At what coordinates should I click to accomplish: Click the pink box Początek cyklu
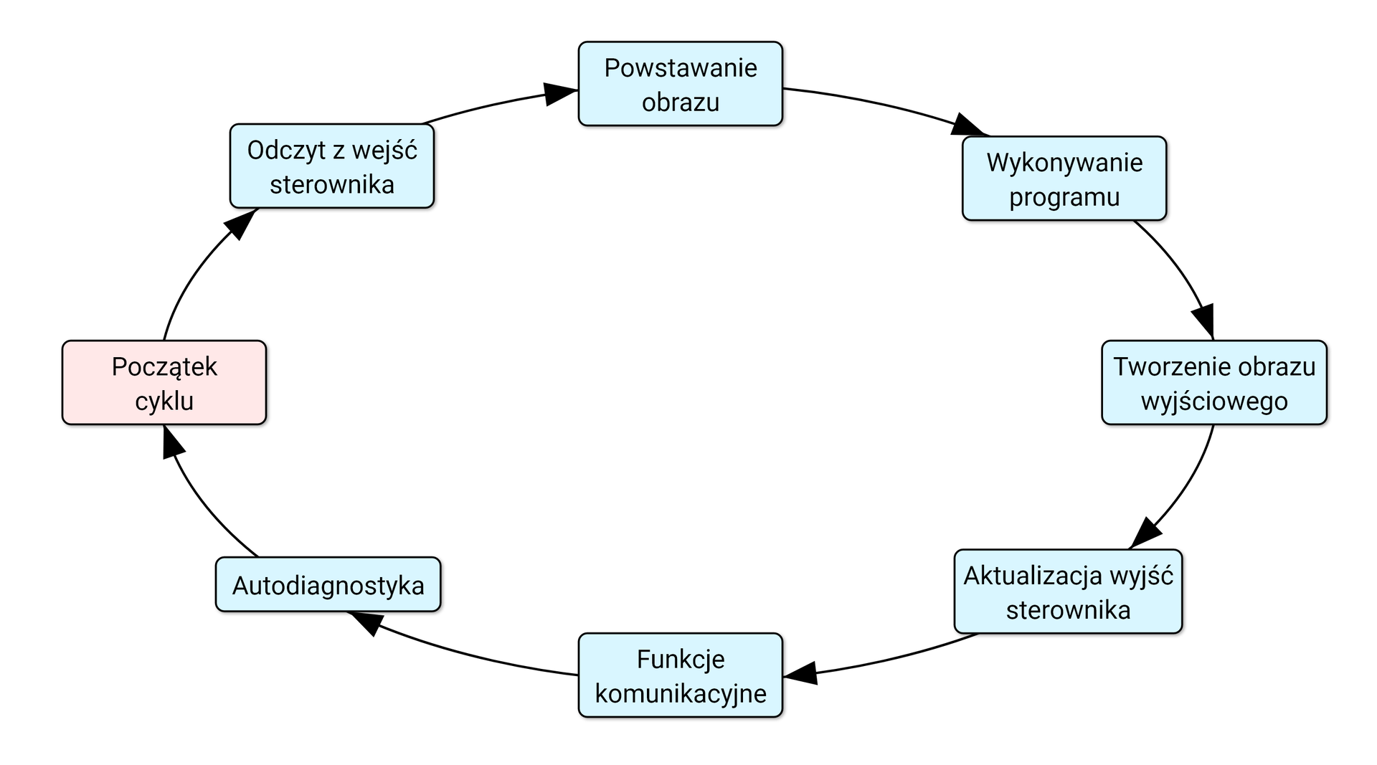tap(164, 383)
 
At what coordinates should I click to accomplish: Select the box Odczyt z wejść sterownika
tap(332, 166)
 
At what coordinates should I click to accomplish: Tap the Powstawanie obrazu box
tap(680, 84)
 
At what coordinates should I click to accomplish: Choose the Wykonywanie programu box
tap(1064, 179)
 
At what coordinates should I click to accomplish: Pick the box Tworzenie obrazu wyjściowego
tap(1213, 383)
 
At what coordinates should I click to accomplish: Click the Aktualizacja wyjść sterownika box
tap(1068, 591)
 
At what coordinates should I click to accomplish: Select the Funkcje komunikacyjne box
tap(680, 675)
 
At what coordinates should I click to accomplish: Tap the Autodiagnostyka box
tap(328, 585)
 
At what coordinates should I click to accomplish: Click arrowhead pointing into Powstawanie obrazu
tap(559, 93)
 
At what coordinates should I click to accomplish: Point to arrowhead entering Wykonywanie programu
tap(967, 125)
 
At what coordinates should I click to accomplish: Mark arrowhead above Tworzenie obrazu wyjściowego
tap(1205, 319)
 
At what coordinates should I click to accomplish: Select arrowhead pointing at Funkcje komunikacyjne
tap(801, 673)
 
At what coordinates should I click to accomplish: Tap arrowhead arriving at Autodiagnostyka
tap(365, 622)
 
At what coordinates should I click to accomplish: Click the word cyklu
tap(164, 401)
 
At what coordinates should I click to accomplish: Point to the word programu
tap(1064, 197)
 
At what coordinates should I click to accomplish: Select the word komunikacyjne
tap(680, 693)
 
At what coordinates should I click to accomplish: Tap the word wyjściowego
tap(1213, 401)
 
